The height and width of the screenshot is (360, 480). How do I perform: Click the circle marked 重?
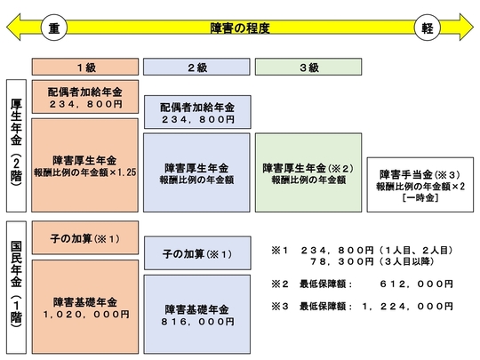pos(54,28)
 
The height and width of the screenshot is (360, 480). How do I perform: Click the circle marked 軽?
pos(427,28)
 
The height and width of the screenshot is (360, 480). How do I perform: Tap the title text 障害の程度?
pos(240,28)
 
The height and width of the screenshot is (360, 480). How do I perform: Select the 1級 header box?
pos(85,67)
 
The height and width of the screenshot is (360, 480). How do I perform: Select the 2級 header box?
pos(196,67)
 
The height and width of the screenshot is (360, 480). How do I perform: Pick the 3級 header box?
pos(308,67)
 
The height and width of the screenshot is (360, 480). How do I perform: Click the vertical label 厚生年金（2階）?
pos(16,146)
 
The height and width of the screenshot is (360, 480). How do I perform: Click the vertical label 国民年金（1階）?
pos(16,287)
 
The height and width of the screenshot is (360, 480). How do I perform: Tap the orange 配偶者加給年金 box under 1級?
pos(85,97)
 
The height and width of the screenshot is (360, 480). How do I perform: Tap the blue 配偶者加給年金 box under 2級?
pos(197,112)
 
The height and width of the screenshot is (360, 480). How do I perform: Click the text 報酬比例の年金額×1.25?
pos(85,172)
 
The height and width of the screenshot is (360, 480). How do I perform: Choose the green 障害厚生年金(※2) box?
pos(308,172)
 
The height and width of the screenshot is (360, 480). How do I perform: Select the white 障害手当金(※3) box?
pos(420,185)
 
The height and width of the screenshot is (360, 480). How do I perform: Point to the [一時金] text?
pos(420,197)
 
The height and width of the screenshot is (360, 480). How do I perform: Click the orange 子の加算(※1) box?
pos(85,238)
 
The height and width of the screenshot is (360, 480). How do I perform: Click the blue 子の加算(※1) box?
pos(197,253)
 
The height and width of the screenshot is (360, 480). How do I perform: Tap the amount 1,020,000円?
pos(86,315)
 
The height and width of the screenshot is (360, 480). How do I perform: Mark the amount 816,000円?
pos(197,322)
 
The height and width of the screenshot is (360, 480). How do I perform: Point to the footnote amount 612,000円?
pos(416,284)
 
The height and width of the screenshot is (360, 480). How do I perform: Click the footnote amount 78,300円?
pos(342,261)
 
